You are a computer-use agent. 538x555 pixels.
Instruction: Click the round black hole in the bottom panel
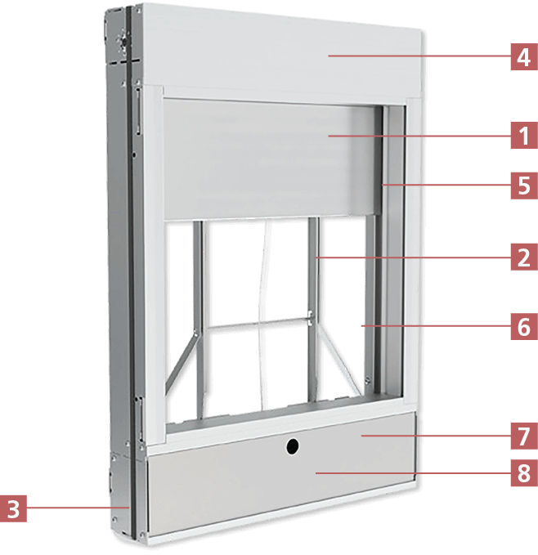click(x=291, y=446)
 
